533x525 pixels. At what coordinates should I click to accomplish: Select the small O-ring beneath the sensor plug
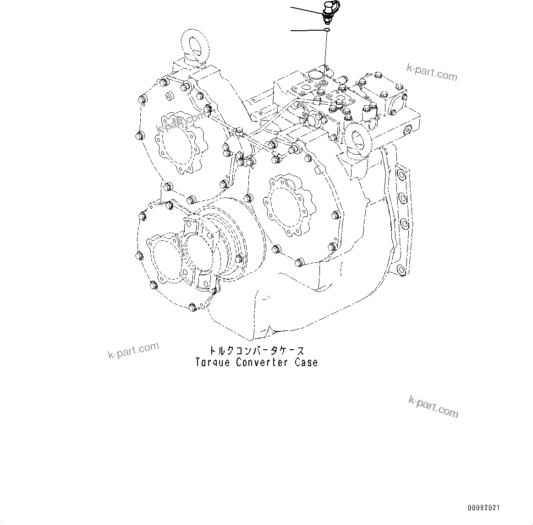click(325, 30)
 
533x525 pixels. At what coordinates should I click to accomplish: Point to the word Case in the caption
click(306, 362)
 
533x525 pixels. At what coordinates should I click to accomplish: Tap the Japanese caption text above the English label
click(257, 351)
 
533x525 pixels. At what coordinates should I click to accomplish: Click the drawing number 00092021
click(484, 508)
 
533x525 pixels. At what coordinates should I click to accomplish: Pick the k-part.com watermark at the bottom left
click(133, 351)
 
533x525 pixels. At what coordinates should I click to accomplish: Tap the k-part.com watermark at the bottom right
click(433, 407)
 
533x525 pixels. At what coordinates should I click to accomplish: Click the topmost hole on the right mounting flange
click(402, 175)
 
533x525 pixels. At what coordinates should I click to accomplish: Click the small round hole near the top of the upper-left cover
click(168, 97)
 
